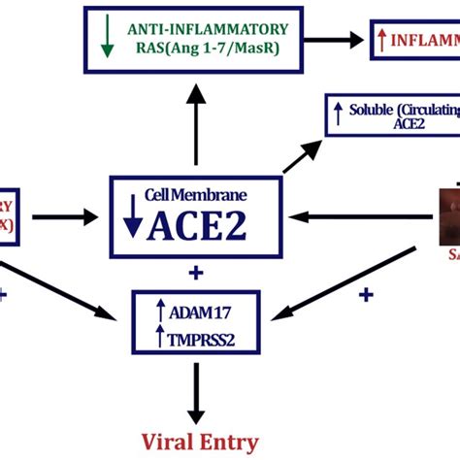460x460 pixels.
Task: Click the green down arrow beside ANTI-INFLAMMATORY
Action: point(106,38)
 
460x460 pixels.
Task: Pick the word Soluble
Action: point(378,110)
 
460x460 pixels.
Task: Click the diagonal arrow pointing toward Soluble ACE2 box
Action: point(304,153)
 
